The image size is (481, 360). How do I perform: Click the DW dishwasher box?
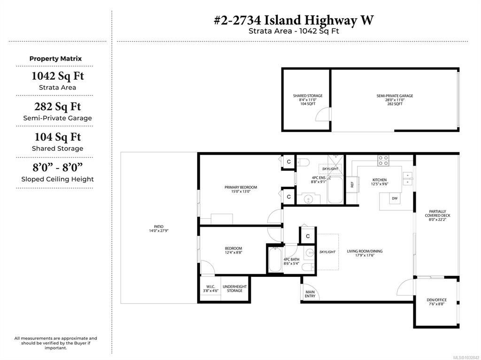(395, 199)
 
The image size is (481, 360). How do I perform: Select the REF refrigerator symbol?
(352, 184)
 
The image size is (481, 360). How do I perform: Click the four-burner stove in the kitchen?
(383, 161)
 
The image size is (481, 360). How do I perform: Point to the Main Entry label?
(310, 294)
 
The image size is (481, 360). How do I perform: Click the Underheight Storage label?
(235, 289)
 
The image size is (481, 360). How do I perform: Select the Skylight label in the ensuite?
(330, 169)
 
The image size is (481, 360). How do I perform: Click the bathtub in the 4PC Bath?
(275, 260)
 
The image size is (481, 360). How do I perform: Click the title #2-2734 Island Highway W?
(294, 20)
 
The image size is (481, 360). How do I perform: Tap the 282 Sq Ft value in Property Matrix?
(57, 107)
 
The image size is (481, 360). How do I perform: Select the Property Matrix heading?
(55, 59)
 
